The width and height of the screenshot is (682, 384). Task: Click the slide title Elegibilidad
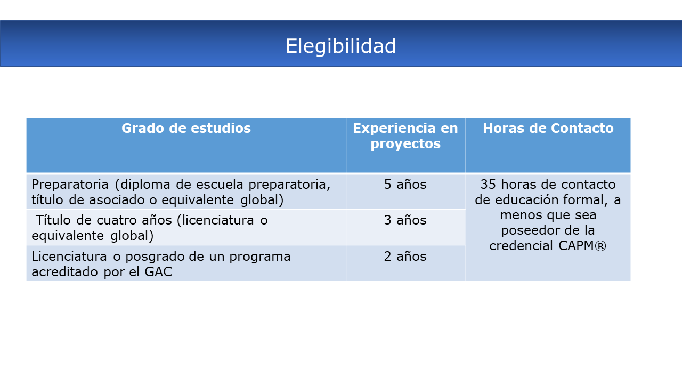340,46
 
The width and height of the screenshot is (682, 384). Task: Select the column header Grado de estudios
186,128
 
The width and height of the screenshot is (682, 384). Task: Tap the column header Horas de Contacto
548,128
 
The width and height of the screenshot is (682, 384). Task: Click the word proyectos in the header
405,144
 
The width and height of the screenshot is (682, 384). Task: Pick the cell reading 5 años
405,185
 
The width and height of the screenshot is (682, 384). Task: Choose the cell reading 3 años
405,220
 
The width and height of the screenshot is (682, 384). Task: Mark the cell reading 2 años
405,257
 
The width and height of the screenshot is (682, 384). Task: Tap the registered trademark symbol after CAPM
600,246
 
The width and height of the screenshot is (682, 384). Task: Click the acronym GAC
158,272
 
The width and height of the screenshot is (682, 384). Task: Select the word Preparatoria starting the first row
70,185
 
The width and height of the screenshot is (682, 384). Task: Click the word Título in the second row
53,220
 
